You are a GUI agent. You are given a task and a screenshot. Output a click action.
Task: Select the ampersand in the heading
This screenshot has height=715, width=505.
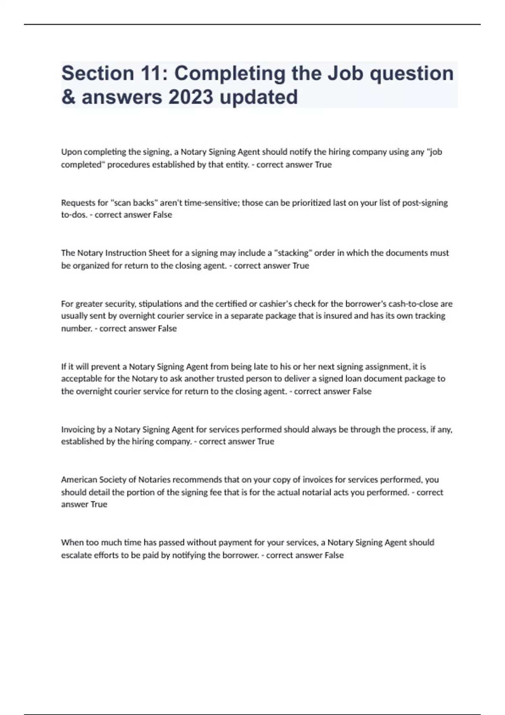(68, 97)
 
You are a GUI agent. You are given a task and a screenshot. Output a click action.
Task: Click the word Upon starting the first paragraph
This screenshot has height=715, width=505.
(71, 152)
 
